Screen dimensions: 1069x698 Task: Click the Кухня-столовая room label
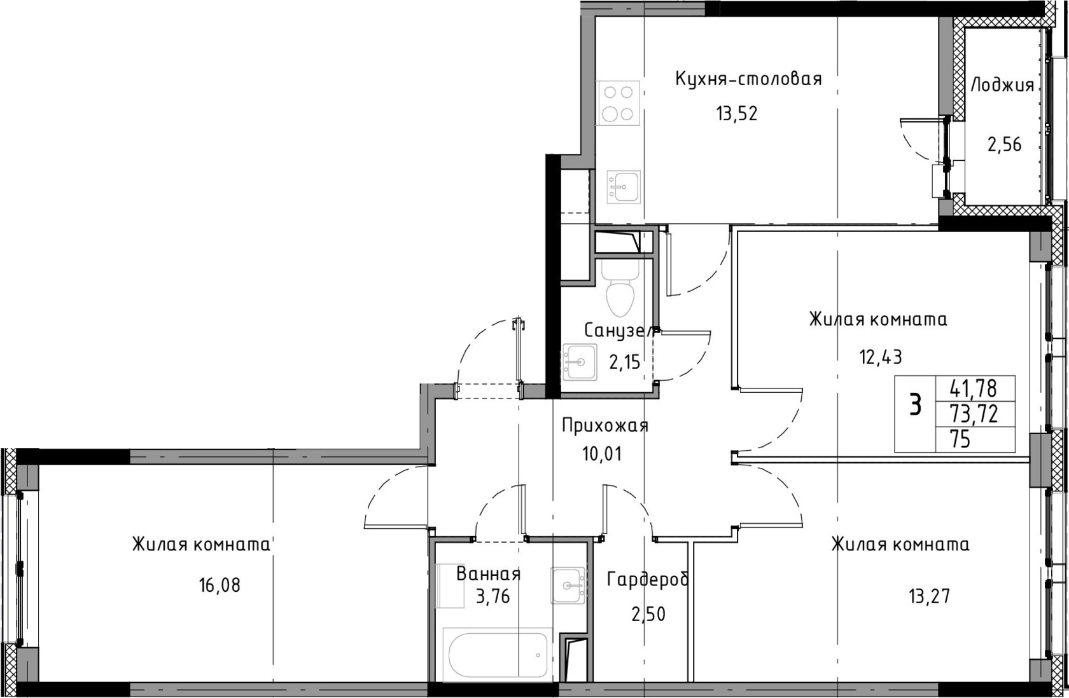(x=748, y=79)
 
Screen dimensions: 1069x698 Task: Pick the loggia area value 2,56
(x=1004, y=144)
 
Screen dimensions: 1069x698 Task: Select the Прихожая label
(x=605, y=425)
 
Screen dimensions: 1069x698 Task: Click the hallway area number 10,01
(x=602, y=454)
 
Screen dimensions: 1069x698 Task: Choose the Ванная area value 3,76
(x=493, y=596)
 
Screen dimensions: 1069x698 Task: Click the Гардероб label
(x=648, y=580)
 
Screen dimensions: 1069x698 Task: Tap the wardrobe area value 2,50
(x=648, y=615)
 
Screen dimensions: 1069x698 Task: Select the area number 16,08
(x=220, y=585)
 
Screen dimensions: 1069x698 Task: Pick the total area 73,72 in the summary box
(x=974, y=414)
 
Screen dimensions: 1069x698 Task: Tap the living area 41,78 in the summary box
(x=974, y=388)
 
